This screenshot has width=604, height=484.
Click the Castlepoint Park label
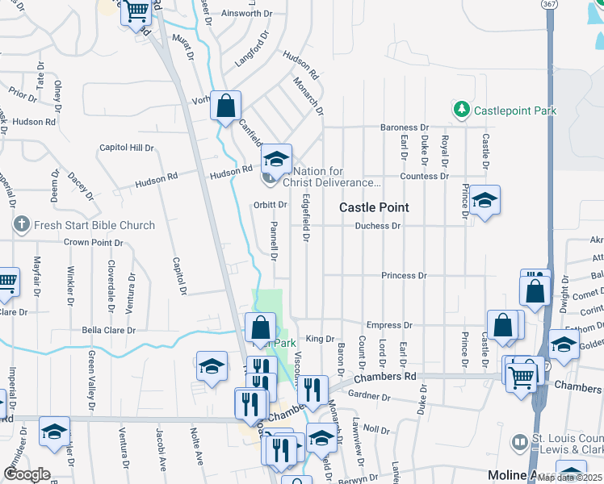click(514, 108)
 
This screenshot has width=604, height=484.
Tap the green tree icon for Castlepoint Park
click(461, 108)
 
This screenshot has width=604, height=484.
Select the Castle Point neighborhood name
click(373, 207)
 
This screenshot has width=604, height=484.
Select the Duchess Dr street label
click(378, 226)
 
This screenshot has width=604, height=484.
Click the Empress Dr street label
click(389, 325)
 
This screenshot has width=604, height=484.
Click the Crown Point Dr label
click(93, 242)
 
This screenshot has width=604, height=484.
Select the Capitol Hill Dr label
click(126, 148)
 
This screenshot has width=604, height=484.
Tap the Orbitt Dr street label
click(270, 205)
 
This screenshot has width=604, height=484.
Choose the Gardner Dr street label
click(369, 397)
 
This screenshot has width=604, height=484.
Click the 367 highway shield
click(550, 4)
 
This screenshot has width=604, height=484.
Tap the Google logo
click(27, 474)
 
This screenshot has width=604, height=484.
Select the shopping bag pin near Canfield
click(225, 104)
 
